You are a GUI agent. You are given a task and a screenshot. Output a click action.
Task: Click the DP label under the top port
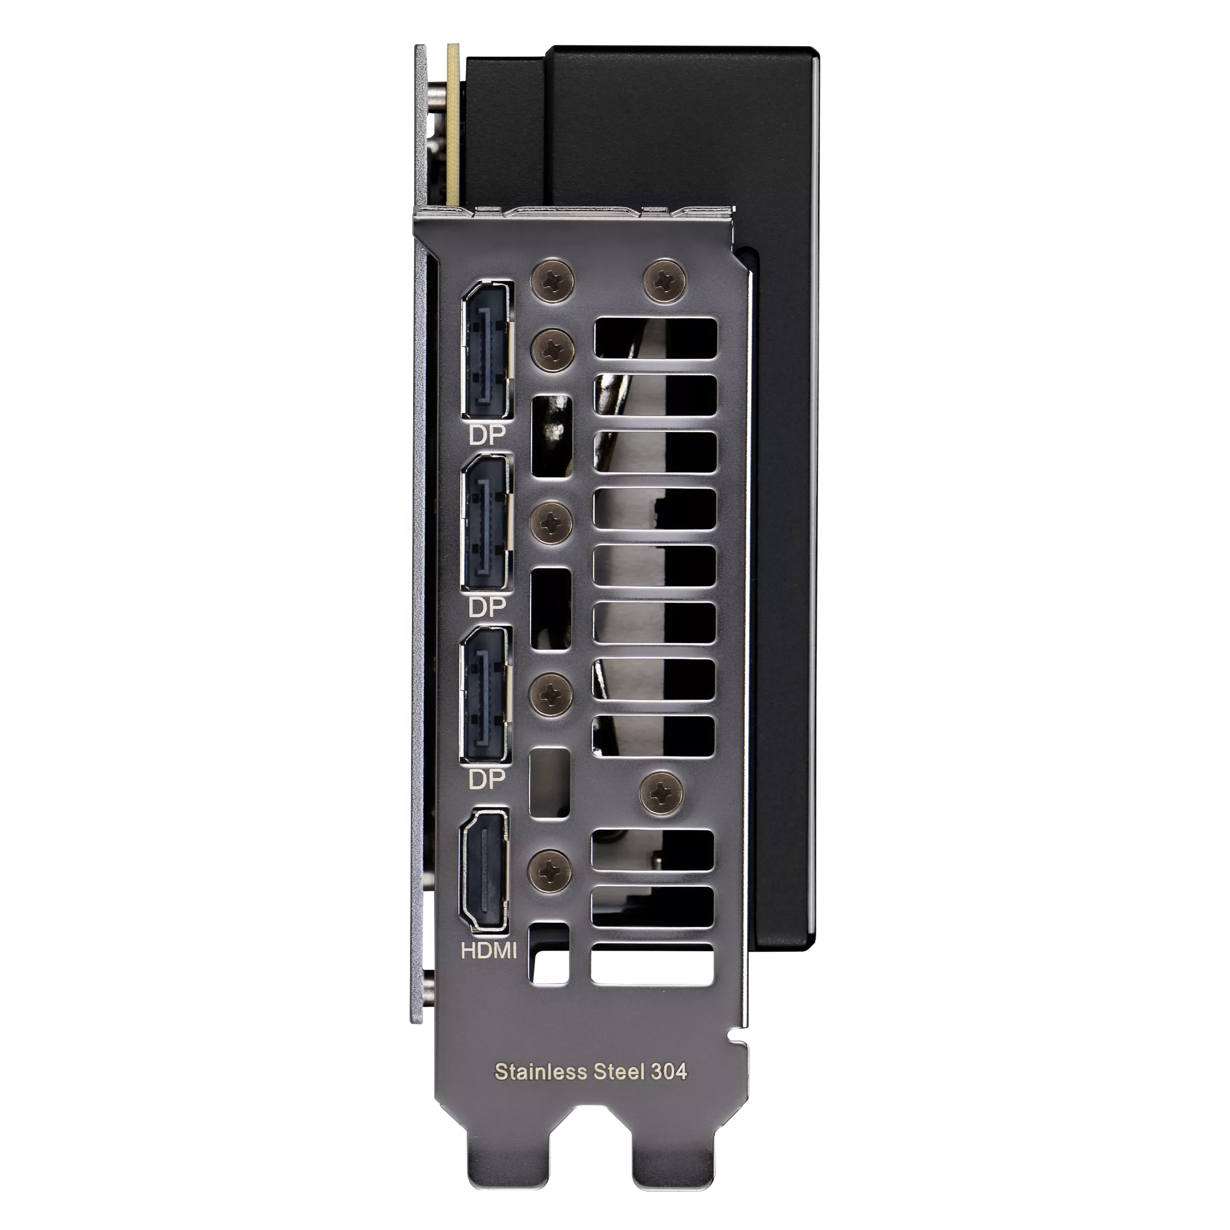coord(486,434)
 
